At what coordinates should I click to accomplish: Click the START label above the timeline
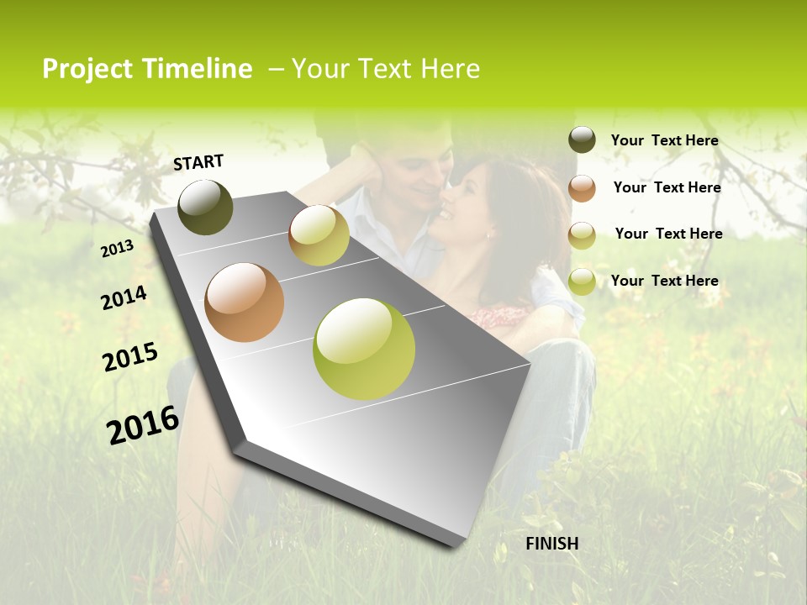198,162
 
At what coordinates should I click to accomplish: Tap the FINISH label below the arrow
552,544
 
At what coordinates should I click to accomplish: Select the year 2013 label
117,249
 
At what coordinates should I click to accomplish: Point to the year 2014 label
124,298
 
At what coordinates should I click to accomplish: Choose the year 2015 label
130,356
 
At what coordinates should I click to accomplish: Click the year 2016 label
143,425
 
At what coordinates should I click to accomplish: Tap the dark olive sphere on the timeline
205,208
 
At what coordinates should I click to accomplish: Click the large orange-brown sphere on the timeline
245,302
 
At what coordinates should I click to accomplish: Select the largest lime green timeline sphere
364,349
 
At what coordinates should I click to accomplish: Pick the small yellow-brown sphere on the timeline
319,235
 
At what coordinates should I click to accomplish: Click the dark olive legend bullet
582,140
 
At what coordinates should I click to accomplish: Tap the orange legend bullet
582,187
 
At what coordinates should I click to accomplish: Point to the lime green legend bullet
582,281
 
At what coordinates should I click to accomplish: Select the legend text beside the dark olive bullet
664,140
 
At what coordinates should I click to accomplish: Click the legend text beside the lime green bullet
664,281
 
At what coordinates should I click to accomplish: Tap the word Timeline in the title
198,69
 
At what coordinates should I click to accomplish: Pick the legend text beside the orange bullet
667,187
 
